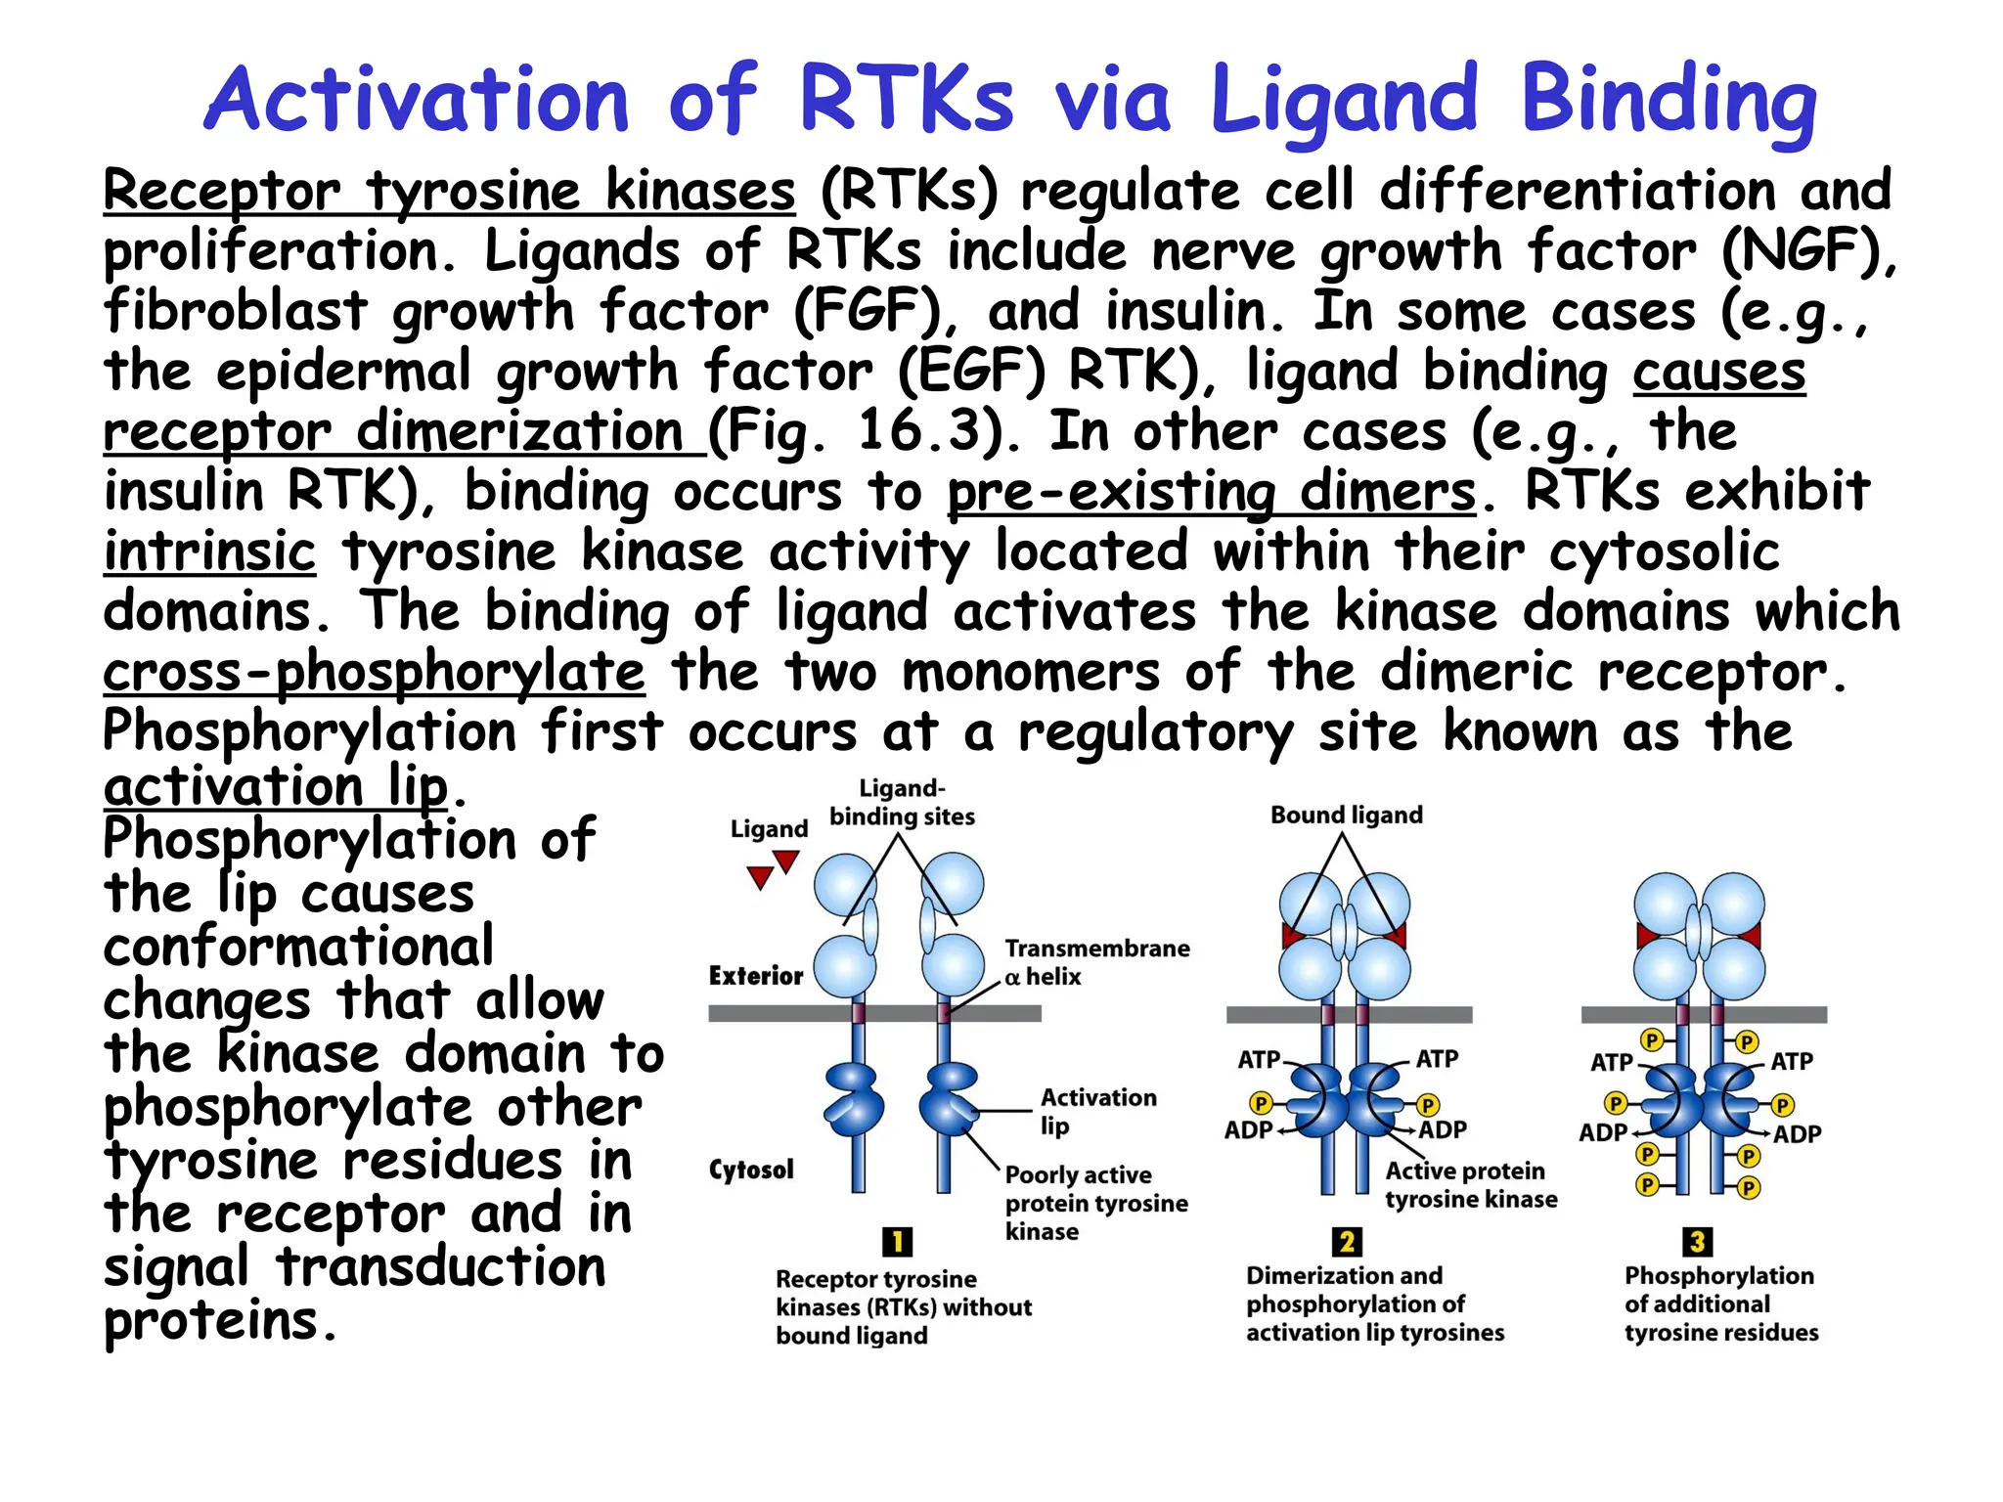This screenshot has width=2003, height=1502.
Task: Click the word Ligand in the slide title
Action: click(1344, 100)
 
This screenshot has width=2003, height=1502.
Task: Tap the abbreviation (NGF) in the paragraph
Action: click(1805, 251)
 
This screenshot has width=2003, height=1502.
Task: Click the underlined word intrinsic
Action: click(209, 552)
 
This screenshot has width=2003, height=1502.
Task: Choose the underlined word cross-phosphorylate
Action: click(374, 673)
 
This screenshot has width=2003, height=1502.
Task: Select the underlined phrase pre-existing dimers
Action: click(1211, 491)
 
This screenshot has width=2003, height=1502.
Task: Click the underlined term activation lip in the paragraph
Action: click(275, 787)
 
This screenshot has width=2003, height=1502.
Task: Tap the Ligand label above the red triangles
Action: click(769, 829)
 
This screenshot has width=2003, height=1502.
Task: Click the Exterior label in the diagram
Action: click(755, 976)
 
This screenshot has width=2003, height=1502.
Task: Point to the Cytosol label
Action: click(750, 1170)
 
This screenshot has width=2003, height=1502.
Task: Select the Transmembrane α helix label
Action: click(1095, 962)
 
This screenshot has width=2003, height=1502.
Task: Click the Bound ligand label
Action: click(1346, 815)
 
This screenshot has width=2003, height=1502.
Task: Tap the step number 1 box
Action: click(897, 1242)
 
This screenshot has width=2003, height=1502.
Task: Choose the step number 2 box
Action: click(1346, 1242)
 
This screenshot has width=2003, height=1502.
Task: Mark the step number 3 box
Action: click(1697, 1242)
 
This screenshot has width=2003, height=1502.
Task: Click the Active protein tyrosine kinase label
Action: click(1470, 1184)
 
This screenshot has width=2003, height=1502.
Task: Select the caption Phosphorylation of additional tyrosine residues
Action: click(1720, 1303)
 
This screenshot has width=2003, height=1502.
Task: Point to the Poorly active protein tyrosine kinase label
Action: click(1095, 1203)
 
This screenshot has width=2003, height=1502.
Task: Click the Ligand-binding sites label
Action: click(902, 802)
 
